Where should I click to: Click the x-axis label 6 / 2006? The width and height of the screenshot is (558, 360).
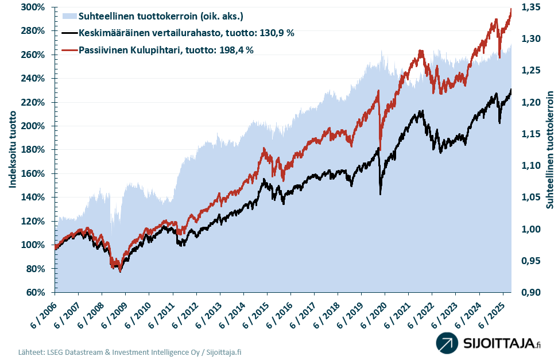pos(44,312)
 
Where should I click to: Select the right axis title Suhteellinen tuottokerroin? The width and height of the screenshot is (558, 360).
pos(549,149)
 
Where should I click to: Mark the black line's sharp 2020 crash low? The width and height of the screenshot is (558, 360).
pos(381,194)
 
